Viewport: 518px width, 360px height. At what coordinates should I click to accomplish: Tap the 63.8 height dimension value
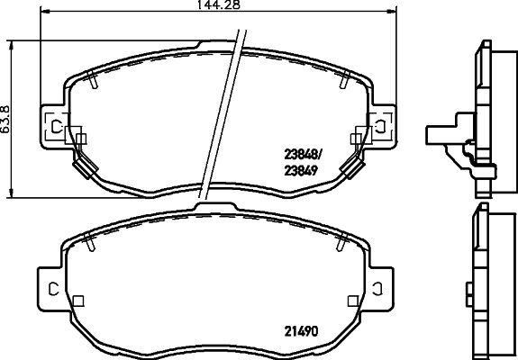(6, 118)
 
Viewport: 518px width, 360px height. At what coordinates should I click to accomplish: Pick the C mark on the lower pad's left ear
(54, 287)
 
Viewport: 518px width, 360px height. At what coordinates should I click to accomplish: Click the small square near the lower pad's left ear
(78, 301)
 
